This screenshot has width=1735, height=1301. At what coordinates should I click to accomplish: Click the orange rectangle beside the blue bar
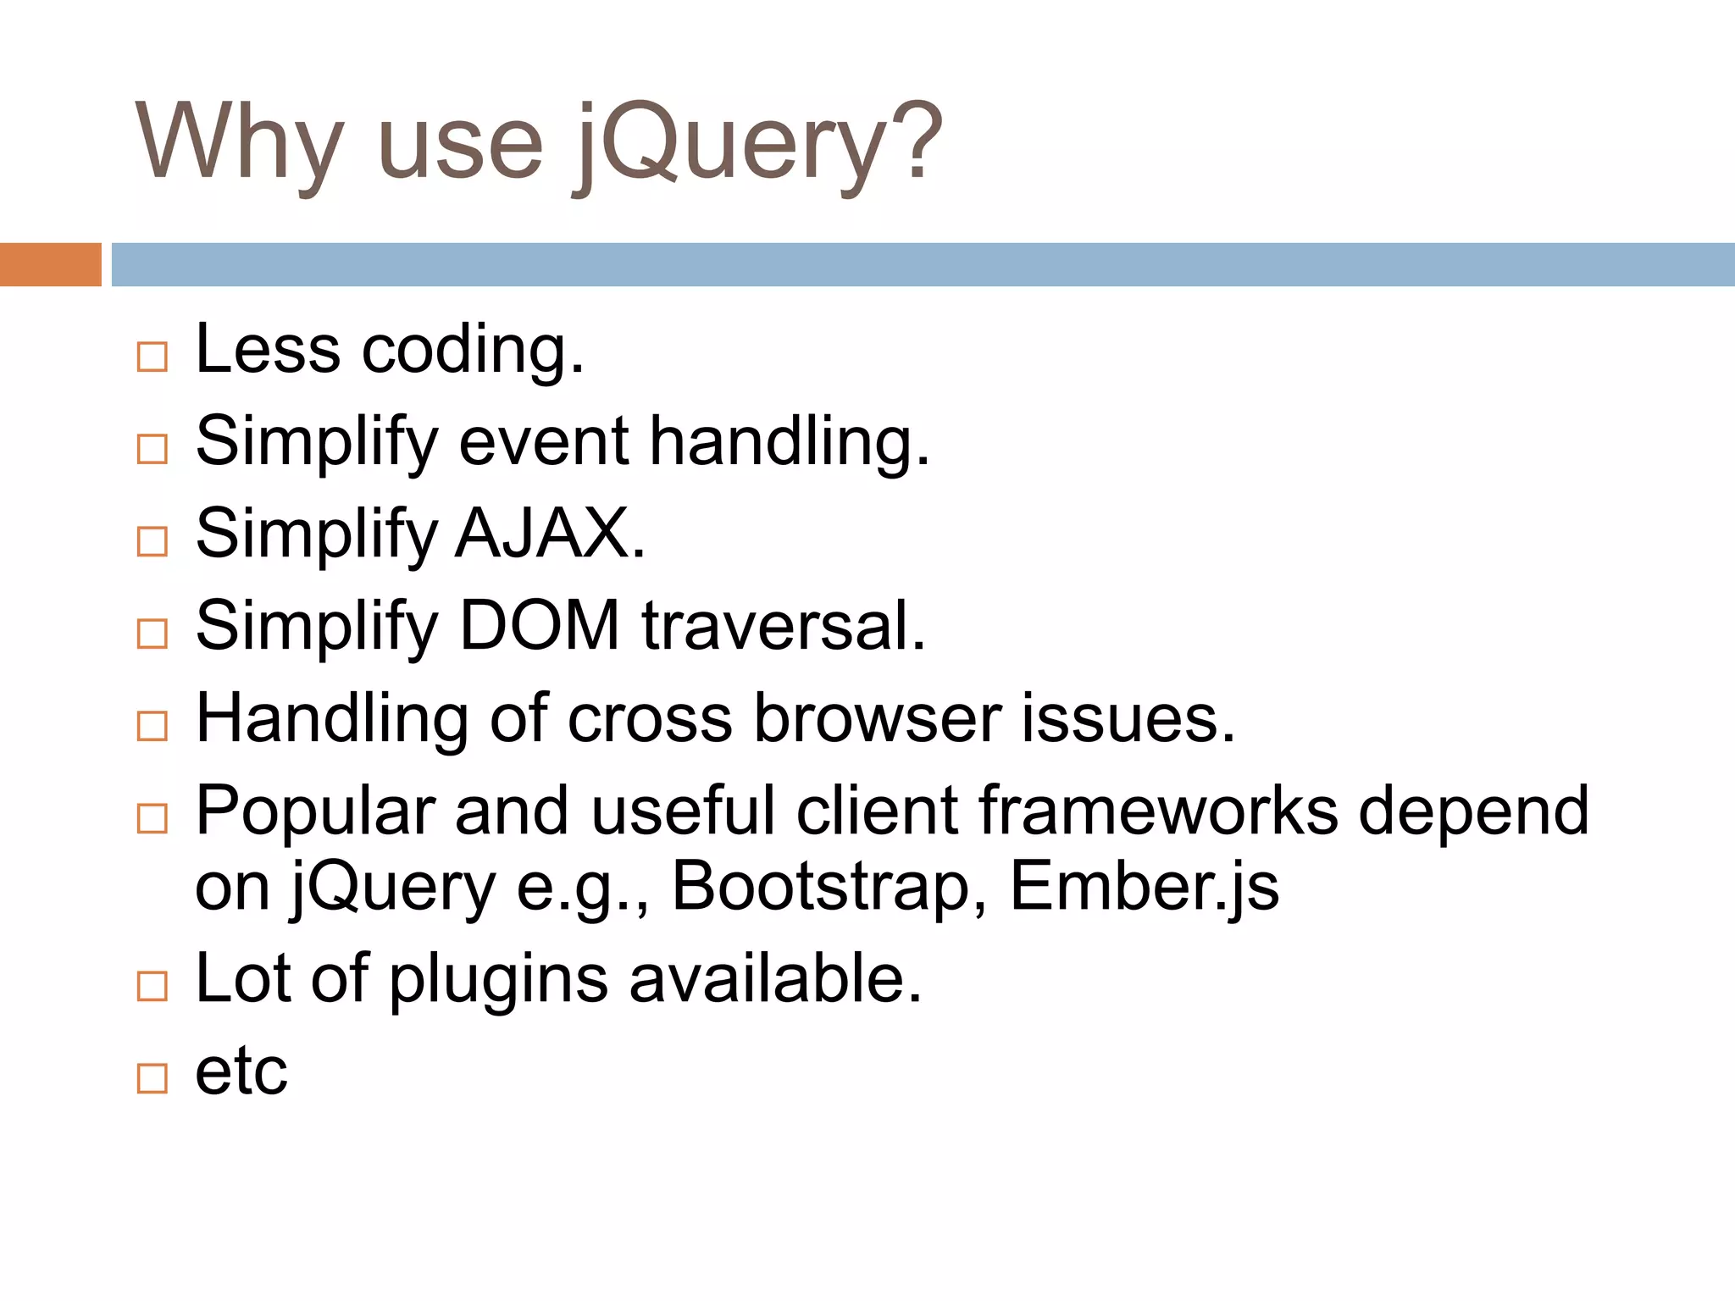pos(50,264)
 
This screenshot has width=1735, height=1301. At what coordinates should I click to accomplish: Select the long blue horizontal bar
pos(923,264)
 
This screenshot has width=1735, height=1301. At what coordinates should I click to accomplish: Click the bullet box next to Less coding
pos(152,357)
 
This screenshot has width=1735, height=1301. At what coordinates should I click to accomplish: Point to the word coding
pos(473,350)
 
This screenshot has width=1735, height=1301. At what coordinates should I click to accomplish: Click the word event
pos(544,442)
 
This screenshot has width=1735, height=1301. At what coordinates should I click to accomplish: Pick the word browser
pos(878,719)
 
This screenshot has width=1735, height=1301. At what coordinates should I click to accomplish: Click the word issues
pos(1128,719)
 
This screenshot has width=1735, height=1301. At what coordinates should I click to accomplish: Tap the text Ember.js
pos(1145,887)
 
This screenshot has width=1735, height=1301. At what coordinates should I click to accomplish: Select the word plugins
pos(499,979)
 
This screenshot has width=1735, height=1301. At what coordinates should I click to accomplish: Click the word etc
pos(241,1071)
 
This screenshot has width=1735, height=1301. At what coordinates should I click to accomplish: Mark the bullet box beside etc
pos(152,1079)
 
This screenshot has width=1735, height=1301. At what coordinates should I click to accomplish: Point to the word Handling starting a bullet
pos(331,719)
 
